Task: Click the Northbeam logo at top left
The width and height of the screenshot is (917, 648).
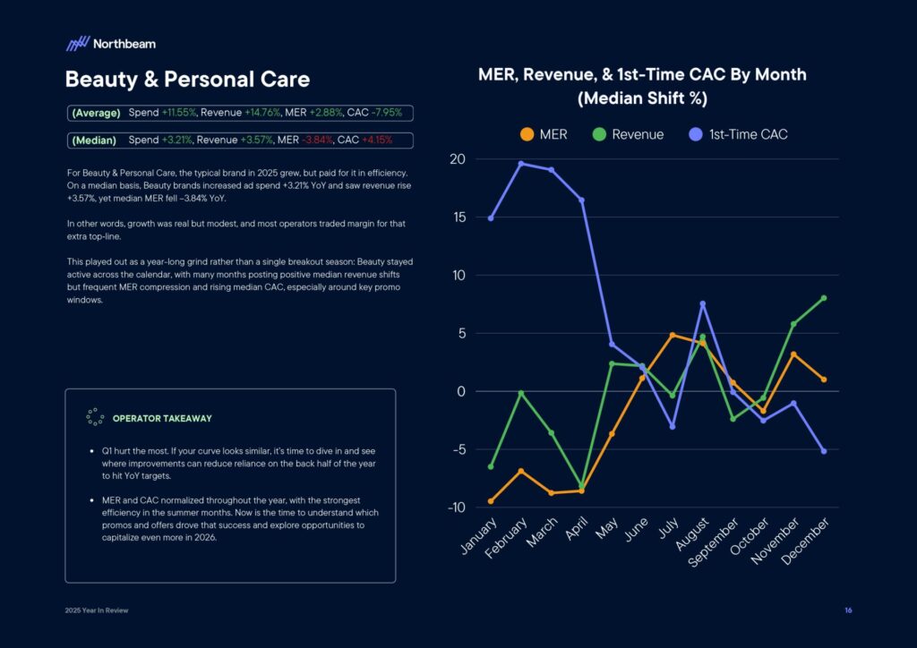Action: [110, 43]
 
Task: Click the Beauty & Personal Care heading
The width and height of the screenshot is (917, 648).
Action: [187, 80]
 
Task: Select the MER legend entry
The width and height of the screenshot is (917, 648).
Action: [544, 134]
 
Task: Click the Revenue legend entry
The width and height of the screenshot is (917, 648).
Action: [628, 134]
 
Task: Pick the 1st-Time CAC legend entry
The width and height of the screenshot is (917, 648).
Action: [737, 134]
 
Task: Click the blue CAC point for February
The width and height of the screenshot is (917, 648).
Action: [521, 164]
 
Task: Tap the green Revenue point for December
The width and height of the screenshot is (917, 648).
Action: [823, 298]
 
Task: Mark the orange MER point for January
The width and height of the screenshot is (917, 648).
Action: [491, 501]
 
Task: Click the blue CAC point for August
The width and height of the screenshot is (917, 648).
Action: [702, 304]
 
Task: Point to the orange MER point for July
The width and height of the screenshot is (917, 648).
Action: [672, 335]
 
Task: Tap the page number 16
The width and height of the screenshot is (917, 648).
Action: [847, 610]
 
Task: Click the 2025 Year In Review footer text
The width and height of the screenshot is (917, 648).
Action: [96, 610]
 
